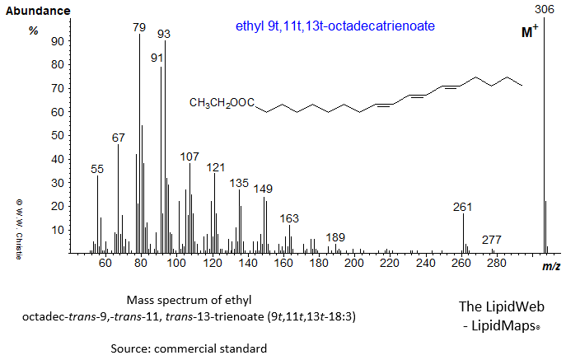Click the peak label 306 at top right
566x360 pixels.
point(543,10)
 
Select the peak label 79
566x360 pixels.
point(140,27)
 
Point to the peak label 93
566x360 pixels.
point(164,34)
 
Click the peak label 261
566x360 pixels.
point(463,207)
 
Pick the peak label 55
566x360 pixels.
point(97,168)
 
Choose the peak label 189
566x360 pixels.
point(335,237)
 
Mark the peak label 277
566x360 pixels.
point(492,241)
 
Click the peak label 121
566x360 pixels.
point(215,166)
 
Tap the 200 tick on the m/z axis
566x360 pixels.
point(354,264)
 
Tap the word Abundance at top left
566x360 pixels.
point(38,11)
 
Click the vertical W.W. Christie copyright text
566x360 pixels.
point(16,228)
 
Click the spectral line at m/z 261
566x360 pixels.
point(463,233)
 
